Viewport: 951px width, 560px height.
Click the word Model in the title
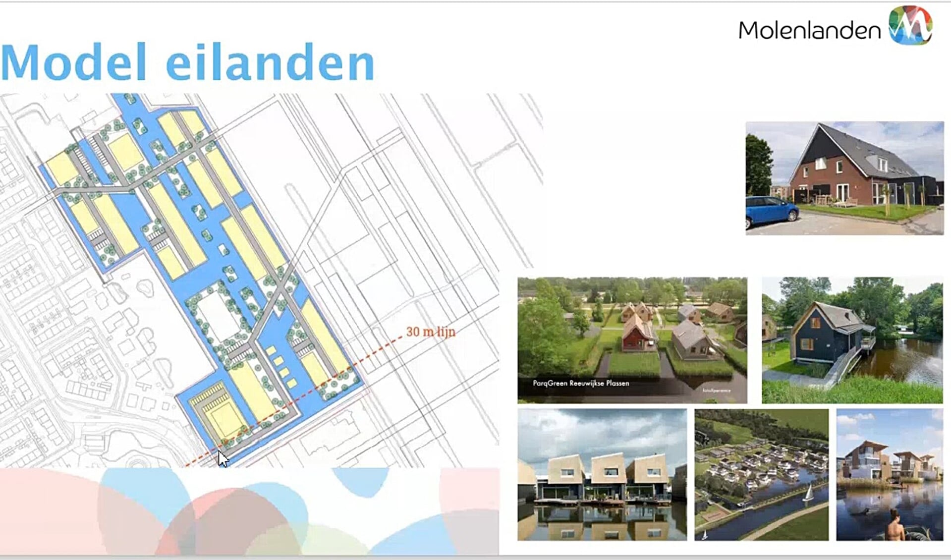[74, 63]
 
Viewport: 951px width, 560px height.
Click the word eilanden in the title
[270, 63]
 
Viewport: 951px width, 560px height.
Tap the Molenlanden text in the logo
[809, 31]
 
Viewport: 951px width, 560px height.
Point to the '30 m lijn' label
[430, 332]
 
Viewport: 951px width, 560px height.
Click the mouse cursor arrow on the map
[223, 458]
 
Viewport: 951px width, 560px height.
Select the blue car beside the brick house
[771, 211]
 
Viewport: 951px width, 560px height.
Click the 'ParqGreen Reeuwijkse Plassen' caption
[581, 383]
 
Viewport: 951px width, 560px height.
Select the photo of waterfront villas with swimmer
[889, 474]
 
